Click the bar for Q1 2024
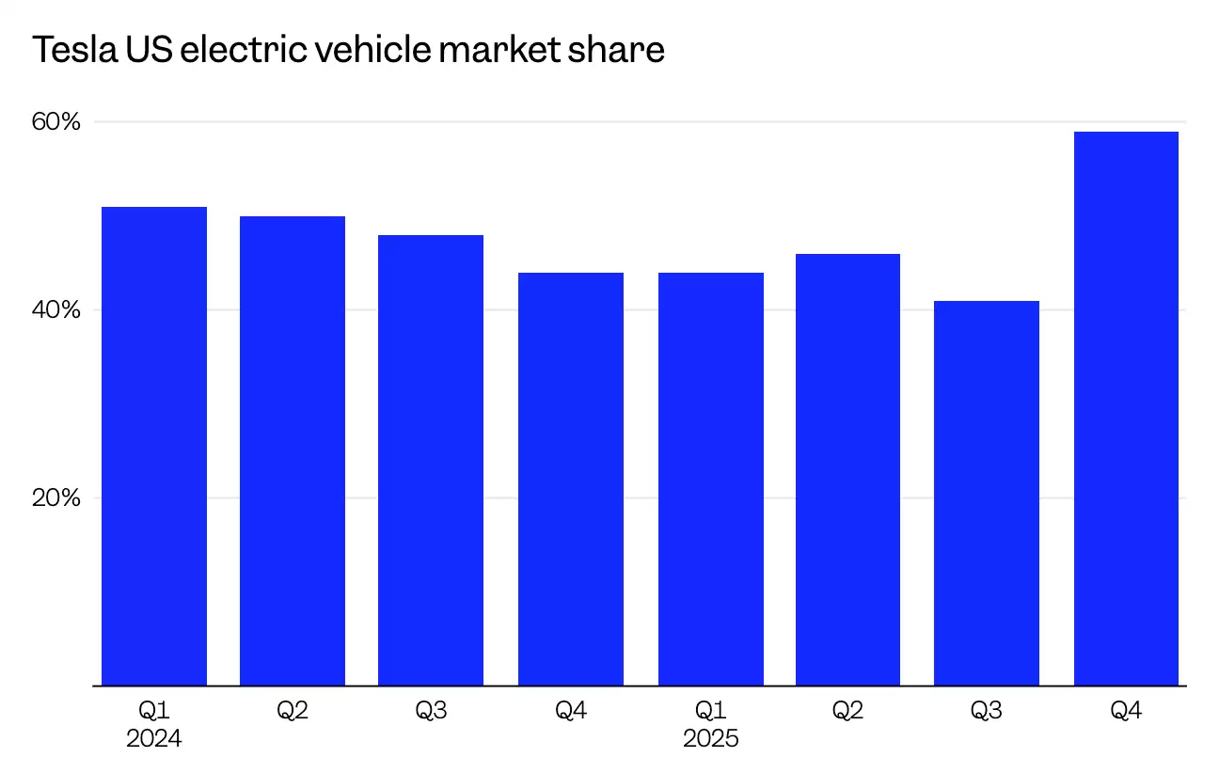[x=153, y=447]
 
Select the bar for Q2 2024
[x=293, y=451]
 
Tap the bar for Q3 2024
[x=431, y=461]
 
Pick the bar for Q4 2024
[x=570, y=480]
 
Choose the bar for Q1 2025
[x=710, y=480]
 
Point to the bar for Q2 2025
[x=847, y=470]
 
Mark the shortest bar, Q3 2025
[x=986, y=494]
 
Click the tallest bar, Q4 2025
[x=1125, y=409]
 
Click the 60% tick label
[x=56, y=122]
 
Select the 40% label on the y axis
[x=56, y=310]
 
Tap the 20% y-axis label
[x=56, y=497]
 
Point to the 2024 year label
[x=153, y=739]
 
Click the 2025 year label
[x=710, y=739]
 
